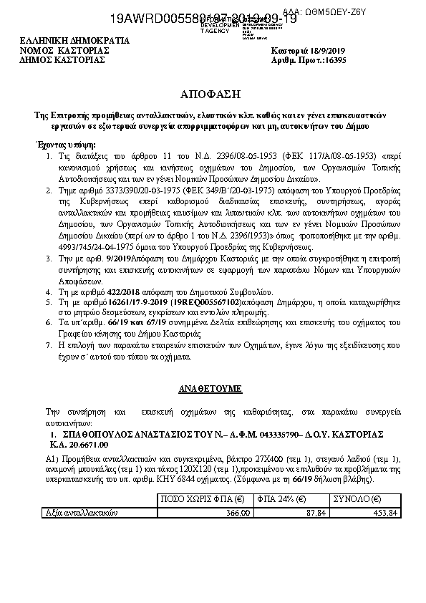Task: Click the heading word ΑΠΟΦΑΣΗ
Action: (212, 95)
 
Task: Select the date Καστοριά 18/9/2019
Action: (309, 51)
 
